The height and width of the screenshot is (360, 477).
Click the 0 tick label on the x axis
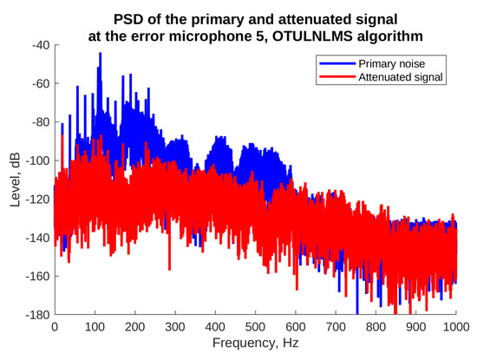[55, 328]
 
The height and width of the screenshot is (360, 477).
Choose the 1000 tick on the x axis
[455, 328]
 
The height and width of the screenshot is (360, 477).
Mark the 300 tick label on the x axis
[174, 328]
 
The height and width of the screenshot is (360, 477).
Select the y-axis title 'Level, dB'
[15, 180]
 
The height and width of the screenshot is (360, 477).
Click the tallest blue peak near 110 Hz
[100, 54]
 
